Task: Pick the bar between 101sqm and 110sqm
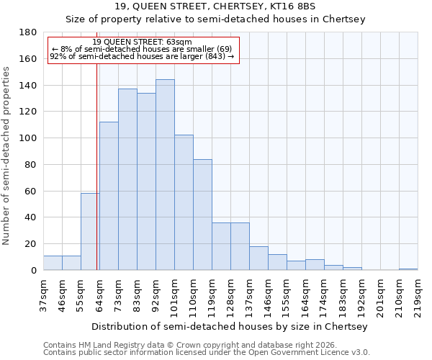(184, 202)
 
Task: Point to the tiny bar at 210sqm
(408, 269)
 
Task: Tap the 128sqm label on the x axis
(230, 293)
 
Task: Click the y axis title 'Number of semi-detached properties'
(6, 155)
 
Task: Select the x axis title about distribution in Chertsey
(230, 326)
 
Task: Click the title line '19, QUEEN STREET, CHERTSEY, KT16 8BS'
(215, 6)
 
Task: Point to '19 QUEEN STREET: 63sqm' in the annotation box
(143, 42)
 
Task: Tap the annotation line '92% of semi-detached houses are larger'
(143, 56)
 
